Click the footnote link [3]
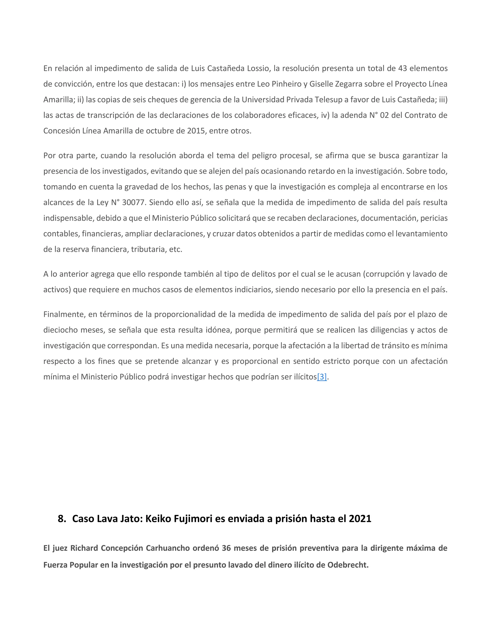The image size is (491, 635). click(x=322, y=377)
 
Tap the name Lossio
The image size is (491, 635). click(x=258, y=68)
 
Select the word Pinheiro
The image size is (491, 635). click(x=286, y=84)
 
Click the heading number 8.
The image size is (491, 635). click(x=61, y=519)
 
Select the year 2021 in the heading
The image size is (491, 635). click(x=360, y=519)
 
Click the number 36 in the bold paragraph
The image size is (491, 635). click(x=226, y=548)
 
